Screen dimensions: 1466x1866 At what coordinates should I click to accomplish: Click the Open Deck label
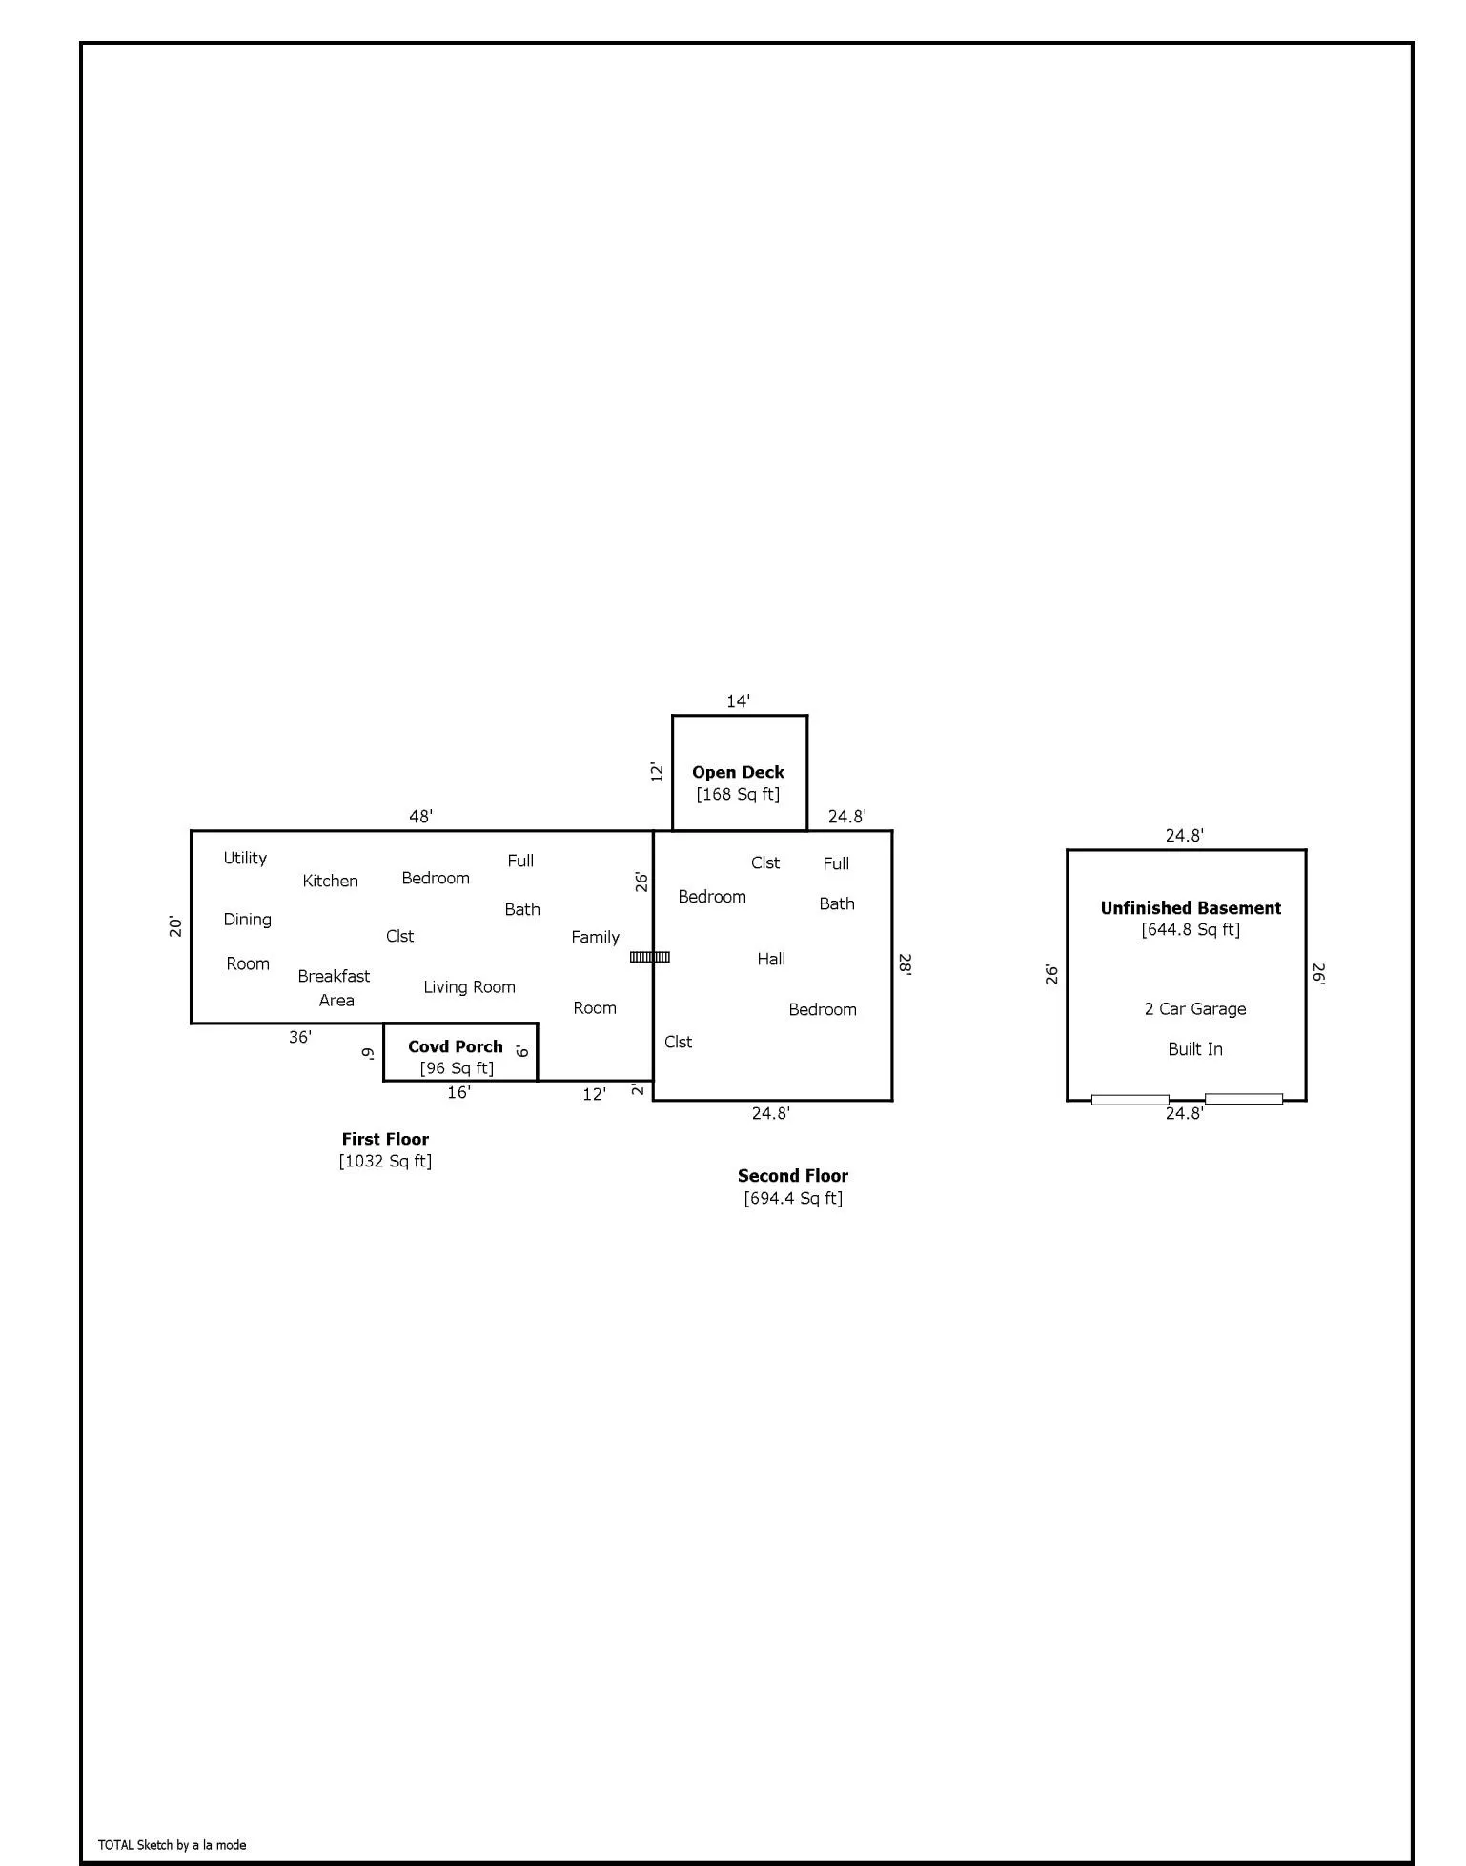(x=738, y=772)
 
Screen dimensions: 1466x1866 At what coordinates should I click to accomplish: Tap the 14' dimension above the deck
(x=738, y=701)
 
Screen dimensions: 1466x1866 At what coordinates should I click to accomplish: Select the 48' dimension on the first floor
(x=420, y=816)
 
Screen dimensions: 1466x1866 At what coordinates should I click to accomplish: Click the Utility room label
(x=245, y=858)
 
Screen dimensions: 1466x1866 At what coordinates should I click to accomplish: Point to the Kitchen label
(x=330, y=881)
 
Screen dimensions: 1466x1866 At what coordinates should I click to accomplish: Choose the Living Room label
(x=469, y=987)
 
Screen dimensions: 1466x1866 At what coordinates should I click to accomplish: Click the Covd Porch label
(x=455, y=1046)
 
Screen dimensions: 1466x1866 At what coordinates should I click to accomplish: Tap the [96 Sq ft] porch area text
(x=457, y=1068)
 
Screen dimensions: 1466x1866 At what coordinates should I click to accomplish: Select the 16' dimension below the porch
(x=458, y=1092)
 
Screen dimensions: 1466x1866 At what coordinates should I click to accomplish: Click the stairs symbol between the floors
(x=650, y=957)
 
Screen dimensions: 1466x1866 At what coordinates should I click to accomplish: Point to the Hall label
(x=771, y=959)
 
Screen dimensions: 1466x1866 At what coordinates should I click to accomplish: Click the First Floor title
(x=385, y=1139)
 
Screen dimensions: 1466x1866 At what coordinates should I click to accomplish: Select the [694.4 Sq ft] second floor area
(x=793, y=1198)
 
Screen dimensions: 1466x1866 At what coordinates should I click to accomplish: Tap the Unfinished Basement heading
(x=1191, y=908)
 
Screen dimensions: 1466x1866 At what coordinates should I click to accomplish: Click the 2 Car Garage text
(x=1195, y=1008)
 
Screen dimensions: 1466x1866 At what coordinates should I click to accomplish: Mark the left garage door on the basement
(x=1130, y=1100)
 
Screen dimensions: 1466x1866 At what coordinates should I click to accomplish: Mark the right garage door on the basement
(x=1244, y=1099)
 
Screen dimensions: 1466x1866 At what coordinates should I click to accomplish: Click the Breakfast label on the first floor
(x=334, y=976)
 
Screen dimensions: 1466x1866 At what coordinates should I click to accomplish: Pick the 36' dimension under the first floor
(x=300, y=1037)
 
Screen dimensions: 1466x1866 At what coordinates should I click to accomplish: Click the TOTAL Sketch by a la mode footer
(x=173, y=1844)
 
